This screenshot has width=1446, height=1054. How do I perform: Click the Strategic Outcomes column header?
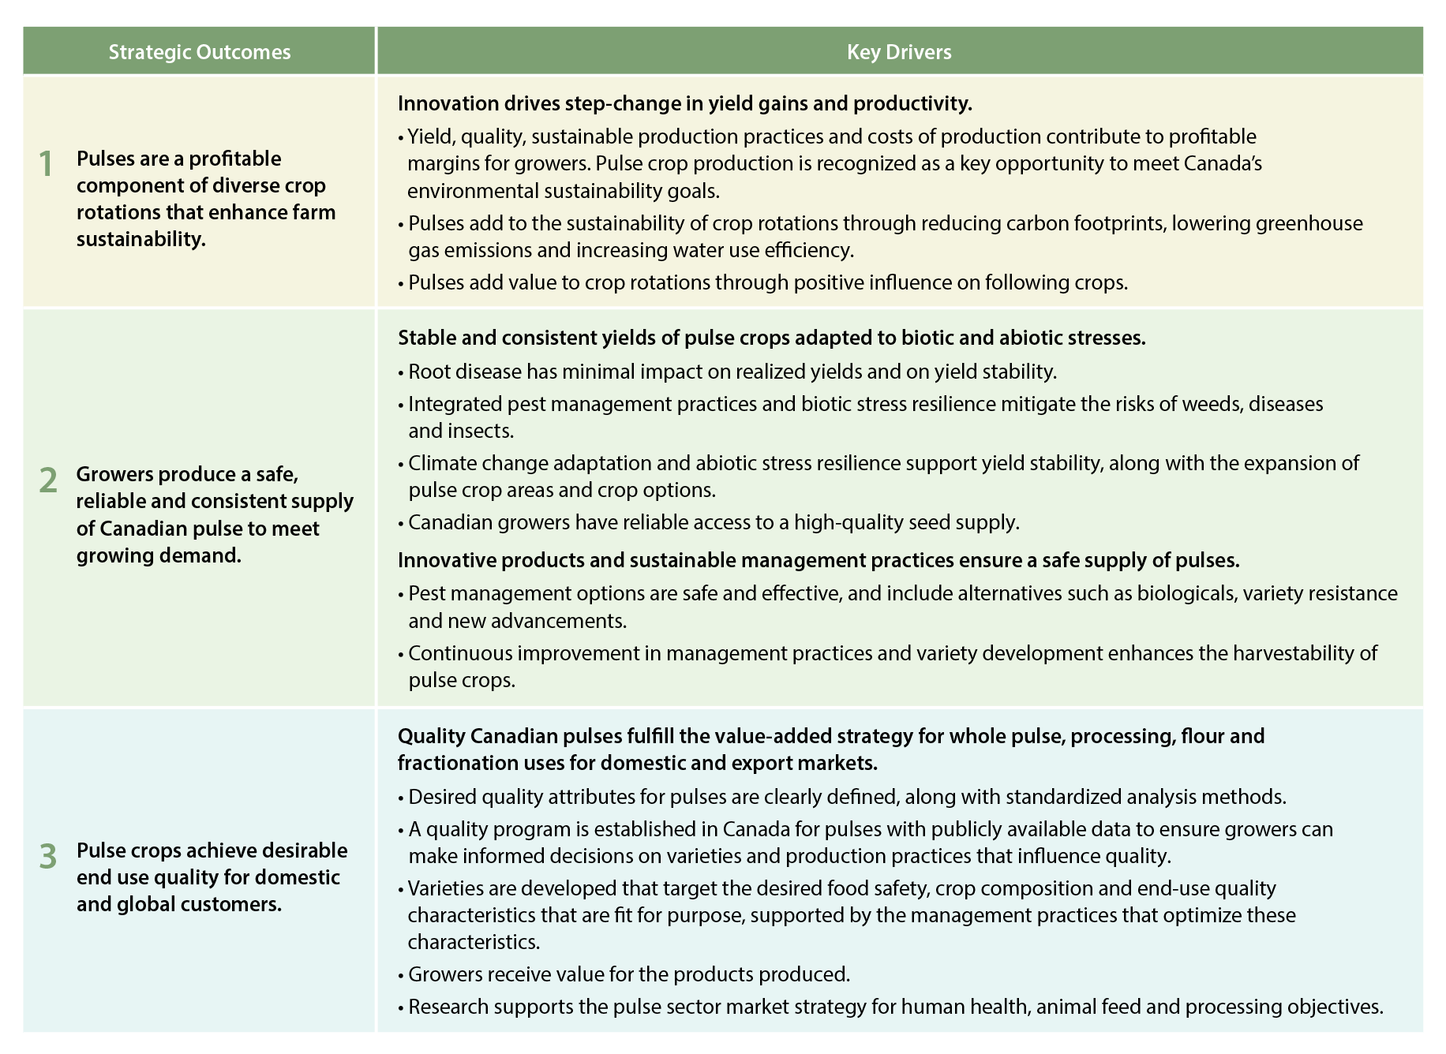[199, 52]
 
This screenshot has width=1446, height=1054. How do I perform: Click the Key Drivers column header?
[899, 52]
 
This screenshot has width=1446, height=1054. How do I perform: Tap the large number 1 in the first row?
[47, 164]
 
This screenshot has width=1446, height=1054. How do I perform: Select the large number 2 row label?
[48, 480]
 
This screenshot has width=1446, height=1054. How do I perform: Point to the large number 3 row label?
[48, 856]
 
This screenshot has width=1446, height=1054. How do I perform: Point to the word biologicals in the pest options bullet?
[1186, 593]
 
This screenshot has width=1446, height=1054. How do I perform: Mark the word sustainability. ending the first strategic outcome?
[141, 239]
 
